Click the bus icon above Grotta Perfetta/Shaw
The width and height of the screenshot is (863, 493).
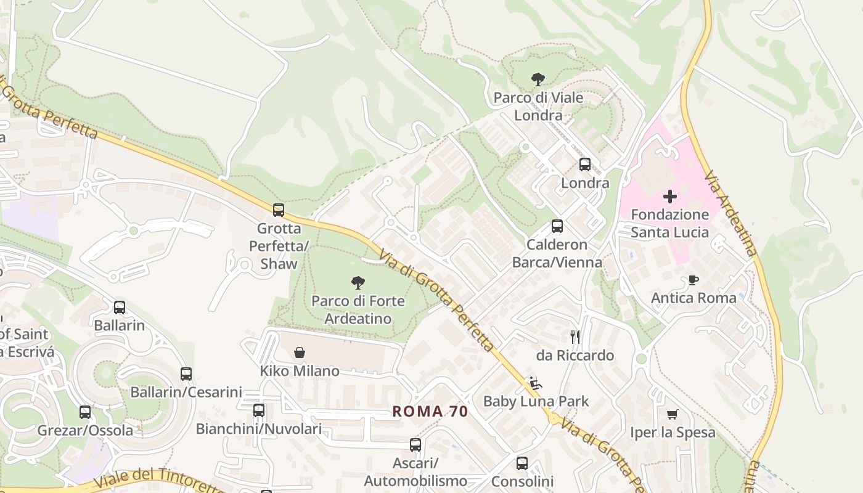[279, 210]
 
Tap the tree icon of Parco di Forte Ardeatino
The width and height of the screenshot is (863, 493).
[358, 283]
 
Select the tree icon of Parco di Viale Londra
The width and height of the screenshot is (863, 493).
[538, 79]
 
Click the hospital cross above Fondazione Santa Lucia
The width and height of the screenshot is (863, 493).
[669, 197]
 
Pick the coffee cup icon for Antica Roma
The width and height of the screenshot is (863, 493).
[693, 280]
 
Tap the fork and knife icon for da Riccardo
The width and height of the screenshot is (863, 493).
[575, 336]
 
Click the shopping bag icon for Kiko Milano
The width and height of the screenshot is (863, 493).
[300, 352]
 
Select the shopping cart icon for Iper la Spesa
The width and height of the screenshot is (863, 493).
[672, 414]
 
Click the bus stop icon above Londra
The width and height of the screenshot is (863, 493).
[584, 165]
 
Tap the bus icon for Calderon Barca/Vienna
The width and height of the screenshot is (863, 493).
[557, 226]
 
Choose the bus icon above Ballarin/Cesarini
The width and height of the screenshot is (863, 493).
[186, 374]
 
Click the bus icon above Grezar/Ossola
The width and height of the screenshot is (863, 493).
[85, 412]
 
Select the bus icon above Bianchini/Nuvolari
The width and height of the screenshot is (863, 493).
[259, 410]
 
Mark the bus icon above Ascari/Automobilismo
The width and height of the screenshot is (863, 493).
[415, 444]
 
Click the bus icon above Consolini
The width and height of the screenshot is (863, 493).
[522, 463]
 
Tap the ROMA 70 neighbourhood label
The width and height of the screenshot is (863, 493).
[430, 412]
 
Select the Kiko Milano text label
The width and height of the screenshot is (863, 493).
[300, 371]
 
